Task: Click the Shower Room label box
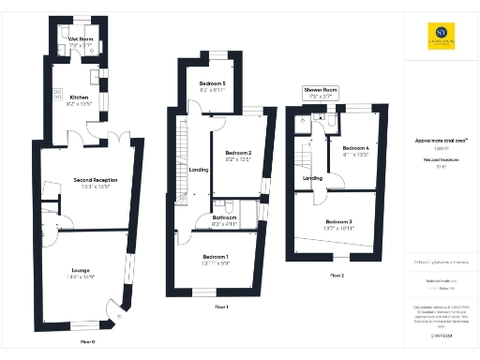pyautogui.click(x=320, y=93)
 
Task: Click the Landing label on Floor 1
pyautogui.click(x=199, y=170)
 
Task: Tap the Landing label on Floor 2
pyautogui.click(x=313, y=177)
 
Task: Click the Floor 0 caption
pyautogui.click(x=87, y=342)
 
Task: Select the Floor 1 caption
pyautogui.click(x=221, y=307)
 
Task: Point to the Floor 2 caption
pyautogui.click(x=337, y=276)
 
